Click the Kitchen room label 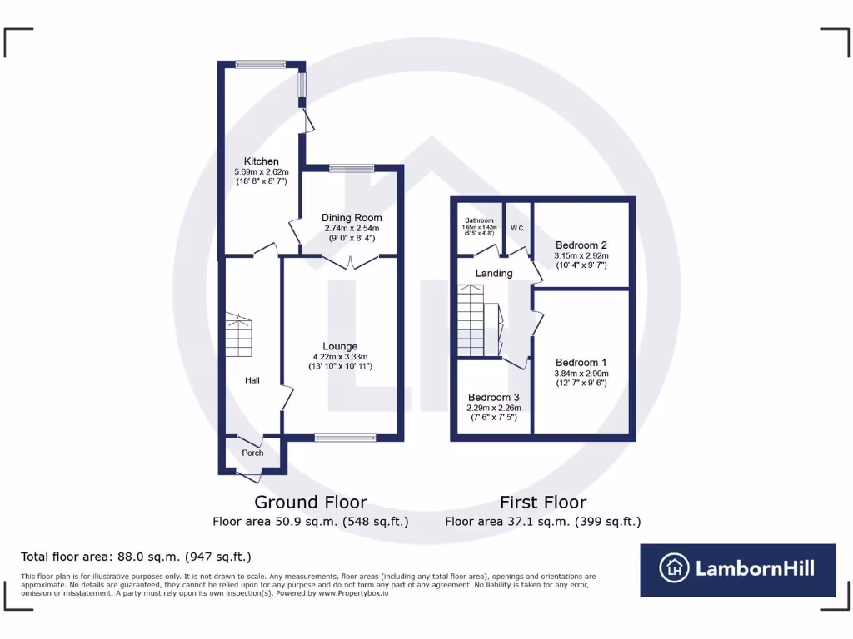[x=261, y=161]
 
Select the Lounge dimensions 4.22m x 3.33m [x=340, y=356]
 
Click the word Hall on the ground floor [x=252, y=380]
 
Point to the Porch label [x=252, y=453]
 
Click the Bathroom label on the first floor [x=480, y=220]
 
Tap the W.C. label [x=516, y=227]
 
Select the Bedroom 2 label [x=581, y=245]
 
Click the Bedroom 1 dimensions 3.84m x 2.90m [x=581, y=374]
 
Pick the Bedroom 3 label [x=493, y=397]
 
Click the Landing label [x=493, y=273]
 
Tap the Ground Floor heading [x=310, y=503]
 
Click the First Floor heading [x=542, y=503]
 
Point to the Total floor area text [x=135, y=557]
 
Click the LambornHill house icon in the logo [x=675, y=569]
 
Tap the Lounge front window [x=345, y=438]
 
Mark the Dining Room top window [x=351, y=168]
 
